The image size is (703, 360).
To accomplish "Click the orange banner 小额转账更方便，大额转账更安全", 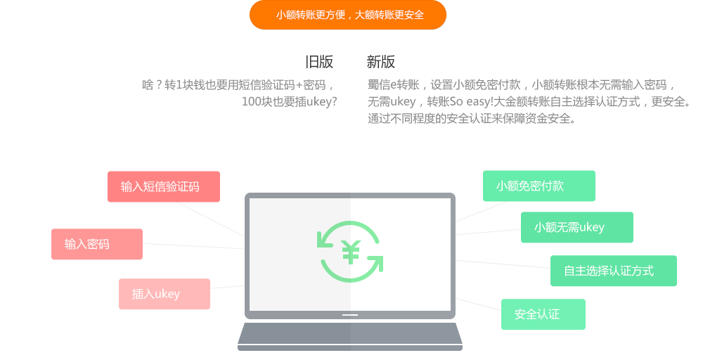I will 348,15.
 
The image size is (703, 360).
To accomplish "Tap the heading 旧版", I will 319,62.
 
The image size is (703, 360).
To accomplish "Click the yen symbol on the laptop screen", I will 351,252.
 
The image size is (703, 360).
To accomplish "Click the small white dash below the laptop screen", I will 350,315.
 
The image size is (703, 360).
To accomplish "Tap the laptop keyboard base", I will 350,335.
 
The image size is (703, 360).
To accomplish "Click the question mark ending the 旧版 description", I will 334,101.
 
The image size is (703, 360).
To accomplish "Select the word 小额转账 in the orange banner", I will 295,15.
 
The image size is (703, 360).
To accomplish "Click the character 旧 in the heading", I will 312,62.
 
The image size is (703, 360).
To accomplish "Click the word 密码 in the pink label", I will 98,244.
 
